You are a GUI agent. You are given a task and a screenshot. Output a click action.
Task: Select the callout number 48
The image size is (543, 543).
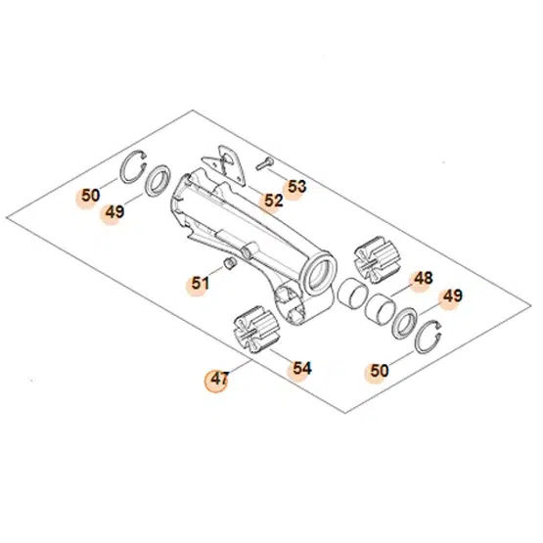(x=422, y=279)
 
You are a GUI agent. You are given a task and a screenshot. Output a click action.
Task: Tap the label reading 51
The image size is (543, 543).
(x=200, y=284)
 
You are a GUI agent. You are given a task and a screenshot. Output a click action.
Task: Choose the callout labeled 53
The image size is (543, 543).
(x=296, y=185)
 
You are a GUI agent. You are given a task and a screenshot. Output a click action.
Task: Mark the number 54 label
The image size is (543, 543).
(x=301, y=368)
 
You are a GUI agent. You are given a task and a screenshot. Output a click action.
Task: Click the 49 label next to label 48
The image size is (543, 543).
(x=451, y=296)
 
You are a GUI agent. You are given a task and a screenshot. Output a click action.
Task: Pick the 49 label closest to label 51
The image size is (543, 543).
(x=115, y=211)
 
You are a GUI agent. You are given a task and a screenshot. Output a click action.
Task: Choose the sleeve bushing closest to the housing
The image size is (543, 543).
(x=351, y=294)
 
